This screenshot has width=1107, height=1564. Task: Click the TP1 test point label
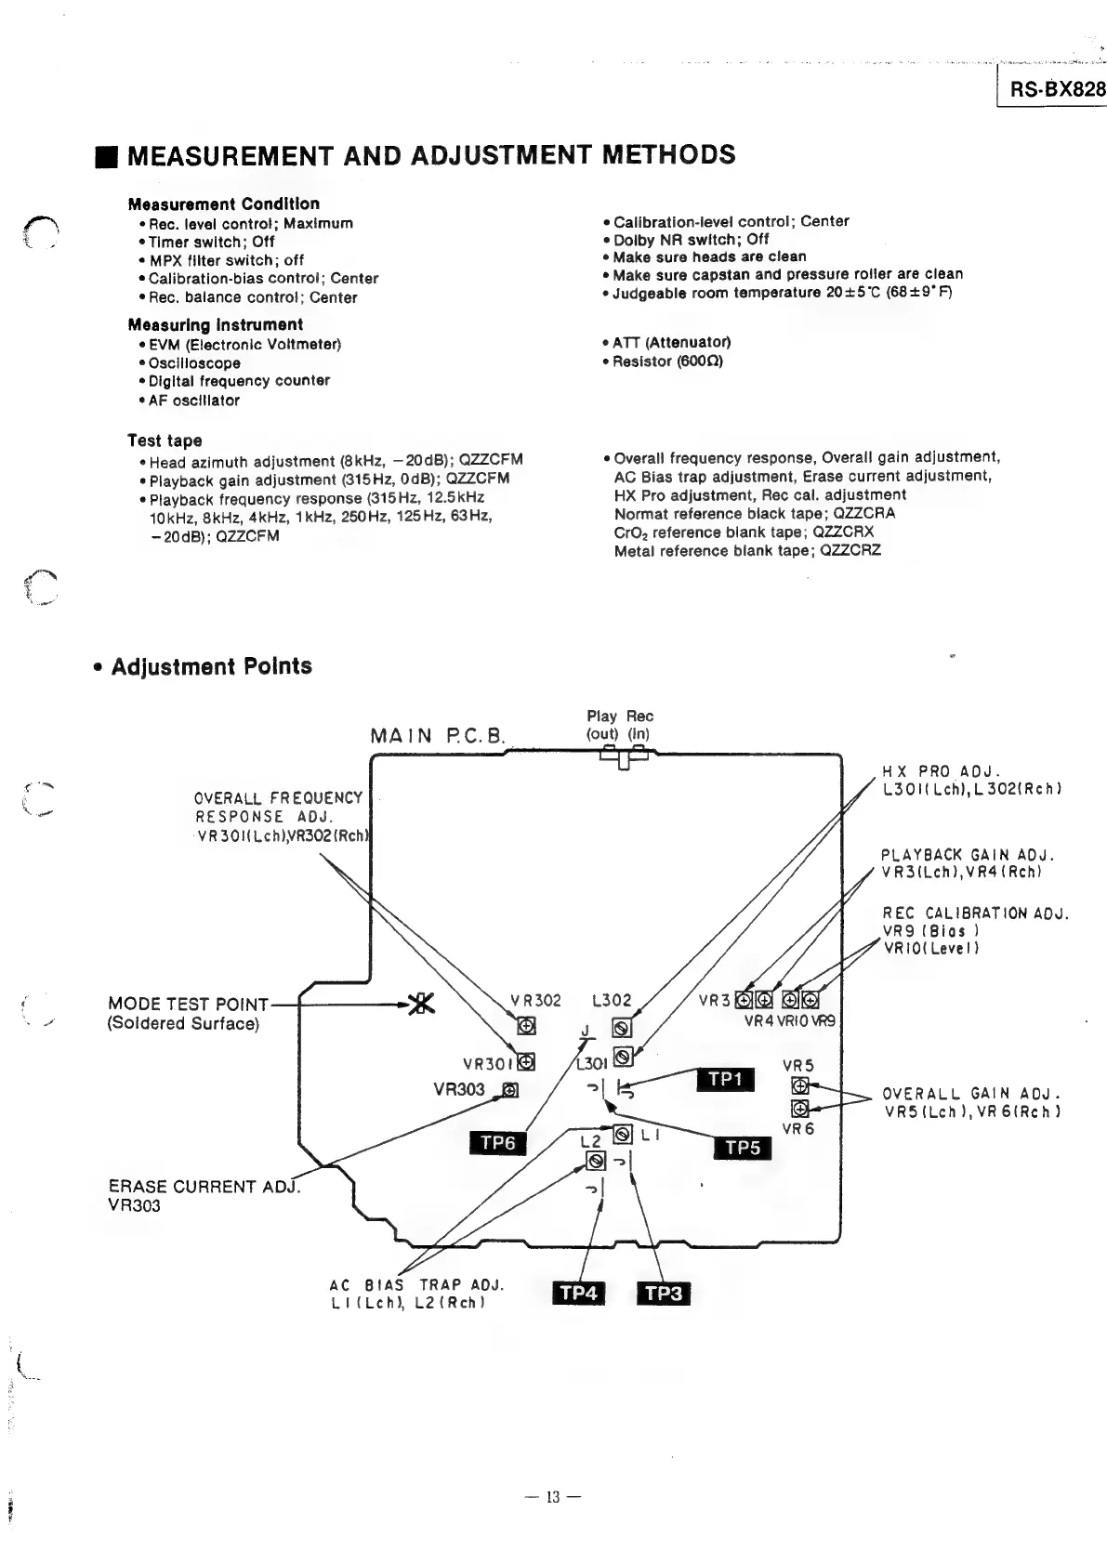(726, 1079)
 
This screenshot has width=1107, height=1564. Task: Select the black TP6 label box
(497, 1143)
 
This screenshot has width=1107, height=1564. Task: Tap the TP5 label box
(743, 1148)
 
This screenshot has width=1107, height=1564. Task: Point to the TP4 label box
(578, 1293)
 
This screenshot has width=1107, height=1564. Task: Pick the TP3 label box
(664, 1293)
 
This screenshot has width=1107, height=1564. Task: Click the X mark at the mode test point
(423, 1004)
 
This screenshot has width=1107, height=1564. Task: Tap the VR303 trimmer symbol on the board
(510, 1090)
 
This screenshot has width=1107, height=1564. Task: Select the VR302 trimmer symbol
(526, 1026)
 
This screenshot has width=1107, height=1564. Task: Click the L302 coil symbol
(623, 1028)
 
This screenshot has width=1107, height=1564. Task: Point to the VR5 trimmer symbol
(798, 1085)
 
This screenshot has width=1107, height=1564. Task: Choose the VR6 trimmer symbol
(798, 1108)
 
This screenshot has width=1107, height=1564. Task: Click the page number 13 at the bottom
(553, 1497)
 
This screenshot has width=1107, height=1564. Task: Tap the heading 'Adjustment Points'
(211, 666)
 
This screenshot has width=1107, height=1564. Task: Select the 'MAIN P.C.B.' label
(437, 736)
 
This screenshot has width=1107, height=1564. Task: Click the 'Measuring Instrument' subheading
(216, 324)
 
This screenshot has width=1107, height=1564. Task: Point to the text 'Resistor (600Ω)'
(667, 361)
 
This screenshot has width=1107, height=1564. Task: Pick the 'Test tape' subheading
(165, 440)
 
